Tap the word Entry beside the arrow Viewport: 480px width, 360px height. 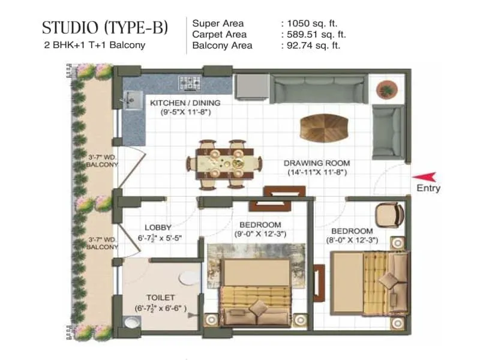pos(428,188)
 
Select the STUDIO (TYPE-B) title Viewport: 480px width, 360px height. pos(105,28)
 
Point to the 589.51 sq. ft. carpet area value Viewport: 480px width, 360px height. pos(315,34)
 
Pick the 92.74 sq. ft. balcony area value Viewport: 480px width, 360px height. pos(313,45)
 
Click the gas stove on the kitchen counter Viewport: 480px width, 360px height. pos(189,82)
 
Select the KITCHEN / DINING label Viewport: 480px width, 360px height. pos(185,103)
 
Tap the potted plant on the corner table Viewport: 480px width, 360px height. pos(387,89)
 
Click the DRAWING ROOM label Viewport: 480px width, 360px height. pos(317,163)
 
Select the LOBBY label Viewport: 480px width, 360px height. pos(158,227)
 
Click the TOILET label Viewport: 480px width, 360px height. pos(160,298)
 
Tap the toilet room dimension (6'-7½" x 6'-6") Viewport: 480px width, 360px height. pos(160,308)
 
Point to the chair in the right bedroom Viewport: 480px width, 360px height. pos(388,214)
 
